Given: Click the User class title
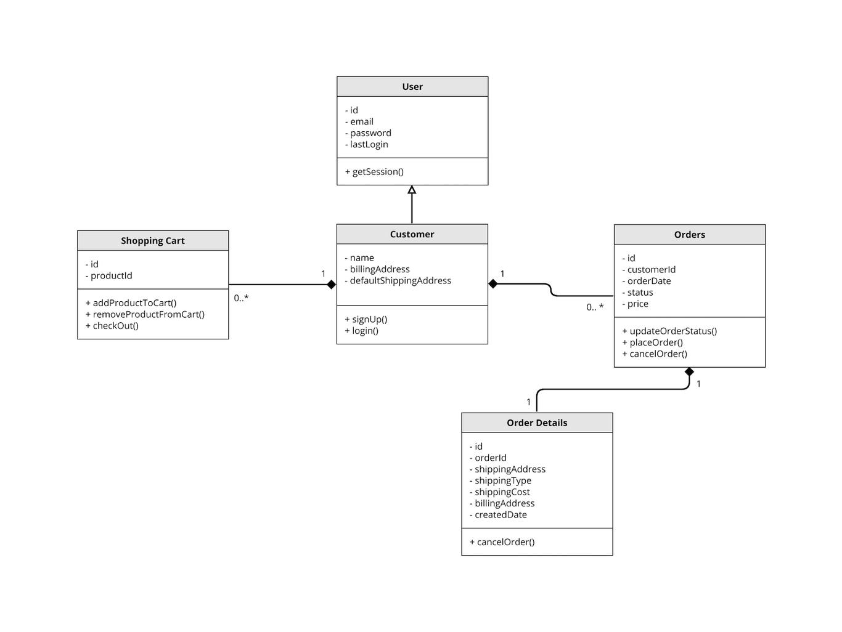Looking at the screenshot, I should tap(412, 87).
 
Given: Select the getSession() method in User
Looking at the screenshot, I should tap(374, 172).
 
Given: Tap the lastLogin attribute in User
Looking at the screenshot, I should tap(367, 145).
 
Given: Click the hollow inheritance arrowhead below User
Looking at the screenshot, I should tap(412, 190).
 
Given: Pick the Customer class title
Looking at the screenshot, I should tap(412, 235).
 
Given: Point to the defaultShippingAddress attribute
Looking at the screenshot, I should tap(398, 281).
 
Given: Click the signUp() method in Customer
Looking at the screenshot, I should tap(366, 320).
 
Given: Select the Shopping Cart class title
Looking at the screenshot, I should tap(153, 241).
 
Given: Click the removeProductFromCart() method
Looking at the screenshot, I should tap(145, 315).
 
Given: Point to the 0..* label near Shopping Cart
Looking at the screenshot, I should tap(241, 299).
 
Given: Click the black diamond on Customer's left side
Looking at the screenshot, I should tap(331, 285).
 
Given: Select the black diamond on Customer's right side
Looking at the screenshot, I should tap(493, 284).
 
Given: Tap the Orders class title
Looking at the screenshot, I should tap(689, 235).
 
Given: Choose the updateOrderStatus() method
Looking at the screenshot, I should tap(669, 331).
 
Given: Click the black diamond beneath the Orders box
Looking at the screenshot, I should tap(689, 372).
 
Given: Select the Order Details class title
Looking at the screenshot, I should tap(537, 423).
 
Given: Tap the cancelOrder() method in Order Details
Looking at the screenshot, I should tap(502, 543).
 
